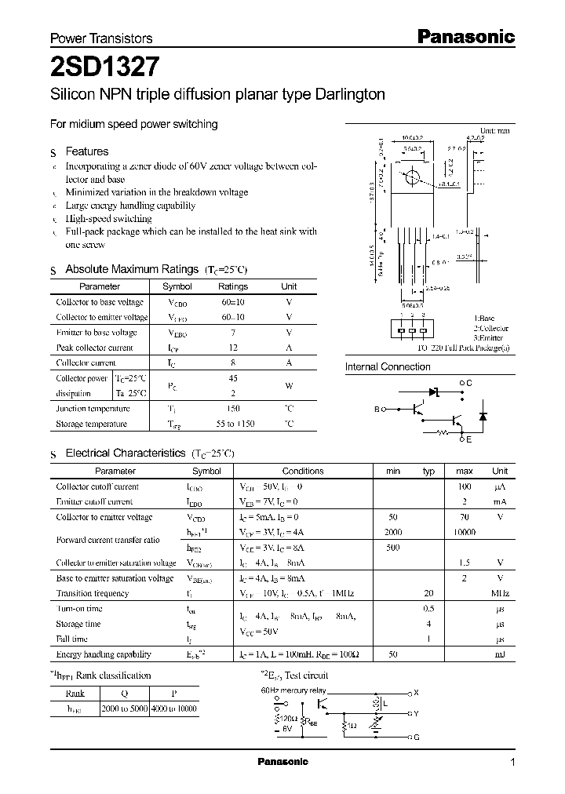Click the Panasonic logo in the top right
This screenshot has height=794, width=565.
[x=465, y=36]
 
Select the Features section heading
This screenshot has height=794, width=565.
[x=86, y=151]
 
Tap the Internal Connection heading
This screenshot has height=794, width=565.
[x=388, y=366]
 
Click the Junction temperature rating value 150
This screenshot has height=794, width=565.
[x=232, y=409]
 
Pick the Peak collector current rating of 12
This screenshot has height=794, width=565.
[x=232, y=348]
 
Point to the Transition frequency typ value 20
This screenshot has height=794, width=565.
[x=428, y=594]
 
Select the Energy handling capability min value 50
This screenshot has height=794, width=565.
[x=393, y=654]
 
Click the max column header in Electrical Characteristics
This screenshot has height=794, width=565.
[x=464, y=471]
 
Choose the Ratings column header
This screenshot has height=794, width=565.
[x=232, y=286]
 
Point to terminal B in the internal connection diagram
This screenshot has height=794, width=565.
[x=376, y=410]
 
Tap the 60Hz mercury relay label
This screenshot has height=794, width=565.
[x=292, y=690]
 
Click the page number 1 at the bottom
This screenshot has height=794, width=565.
[x=512, y=762]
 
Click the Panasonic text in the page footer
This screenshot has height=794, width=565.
[x=283, y=762]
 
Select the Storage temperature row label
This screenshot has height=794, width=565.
[x=91, y=424]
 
